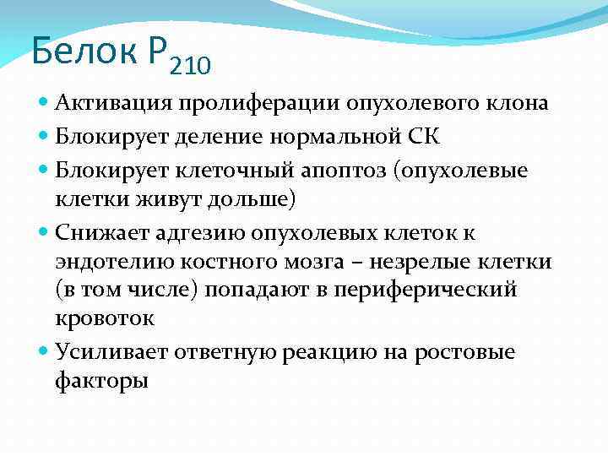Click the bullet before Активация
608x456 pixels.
[43, 104]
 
